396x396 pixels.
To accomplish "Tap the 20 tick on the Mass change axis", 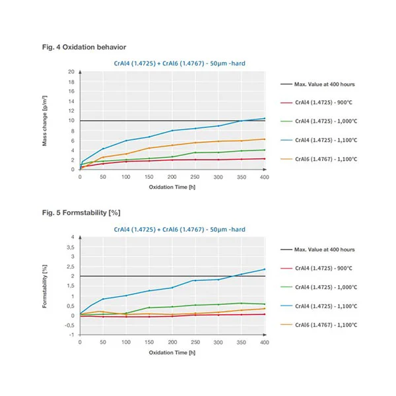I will tap(72, 71).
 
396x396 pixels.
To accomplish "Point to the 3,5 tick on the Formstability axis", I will tap(71, 246).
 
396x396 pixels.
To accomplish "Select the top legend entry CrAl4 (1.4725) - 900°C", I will tap(325, 102).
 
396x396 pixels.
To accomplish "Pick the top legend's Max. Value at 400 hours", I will tap(324, 84).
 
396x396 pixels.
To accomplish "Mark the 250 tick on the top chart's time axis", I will tap(195, 178).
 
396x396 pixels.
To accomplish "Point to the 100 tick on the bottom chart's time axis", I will tap(126, 343).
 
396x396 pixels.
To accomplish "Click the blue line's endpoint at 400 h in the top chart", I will tap(265, 118).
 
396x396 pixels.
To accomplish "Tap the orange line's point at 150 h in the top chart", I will tap(149, 148).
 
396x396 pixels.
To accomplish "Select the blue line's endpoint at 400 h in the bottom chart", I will tap(265, 269).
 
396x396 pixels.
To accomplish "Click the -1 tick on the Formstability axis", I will tap(72, 335).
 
